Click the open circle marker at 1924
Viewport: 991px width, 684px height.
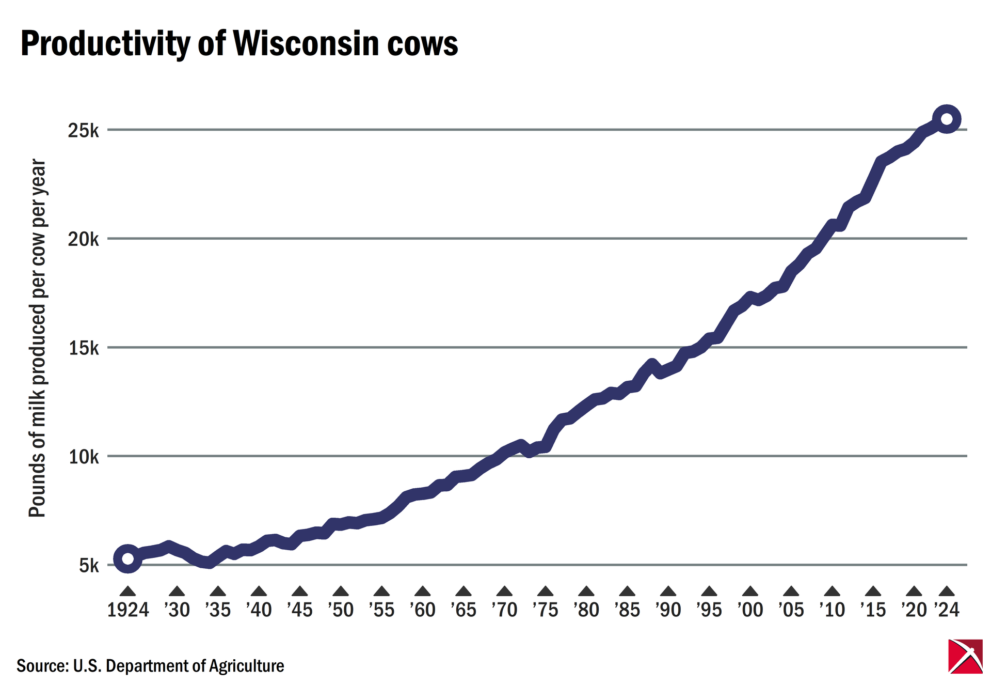pyautogui.click(x=128, y=558)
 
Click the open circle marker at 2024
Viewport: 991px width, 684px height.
pyautogui.click(x=947, y=119)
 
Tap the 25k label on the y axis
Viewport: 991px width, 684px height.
pyautogui.click(x=83, y=131)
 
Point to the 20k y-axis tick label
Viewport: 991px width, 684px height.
pyautogui.click(x=83, y=239)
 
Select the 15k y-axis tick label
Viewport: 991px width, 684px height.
pyautogui.click(x=83, y=348)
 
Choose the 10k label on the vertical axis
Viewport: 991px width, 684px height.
pyautogui.click(x=83, y=457)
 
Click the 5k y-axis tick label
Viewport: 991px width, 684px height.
pyautogui.click(x=89, y=566)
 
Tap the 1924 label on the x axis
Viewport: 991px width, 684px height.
pyautogui.click(x=128, y=610)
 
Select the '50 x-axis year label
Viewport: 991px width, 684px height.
pyautogui.click(x=341, y=610)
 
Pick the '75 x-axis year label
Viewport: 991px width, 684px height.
pyautogui.click(x=546, y=610)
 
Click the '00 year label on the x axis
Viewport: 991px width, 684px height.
pyautogui.click(x=750, y=610)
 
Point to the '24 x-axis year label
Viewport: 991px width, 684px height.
pyautogui.click(x=947, y=610)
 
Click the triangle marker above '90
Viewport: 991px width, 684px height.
pyautogui.click(x=668, y=592)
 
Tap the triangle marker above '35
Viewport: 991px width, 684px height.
pyautogui.click(x=218, y=592)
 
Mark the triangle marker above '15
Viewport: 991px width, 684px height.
pyautogui.click(x=873, y=592)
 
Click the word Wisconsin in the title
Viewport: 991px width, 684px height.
pyautogui.click(x=307, y=43)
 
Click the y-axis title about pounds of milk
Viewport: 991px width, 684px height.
pyautogui.click(x=38, y=338)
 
